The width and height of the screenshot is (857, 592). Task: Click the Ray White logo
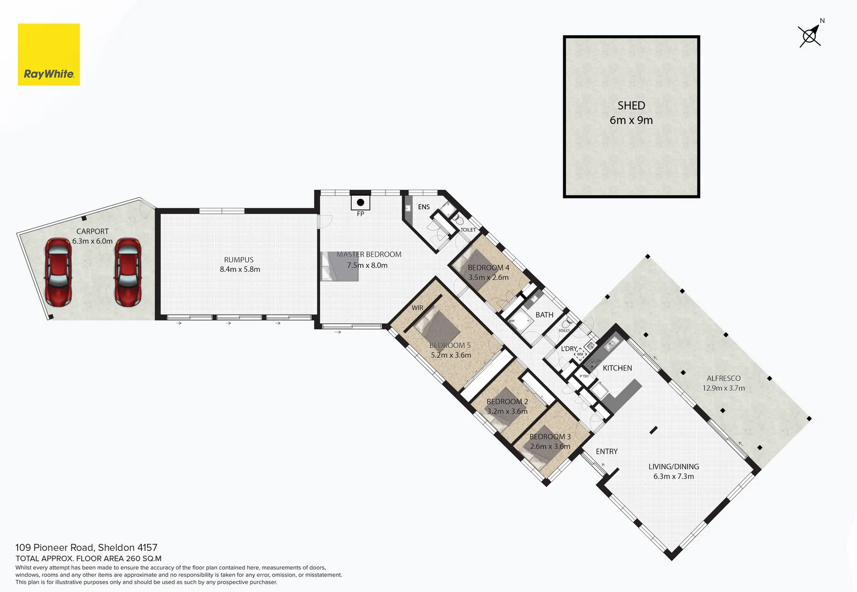pos(49,55)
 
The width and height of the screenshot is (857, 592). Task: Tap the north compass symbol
pos(810,36)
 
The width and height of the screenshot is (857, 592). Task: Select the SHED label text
pos(631,106)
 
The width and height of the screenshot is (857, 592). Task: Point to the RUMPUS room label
pos(239,260)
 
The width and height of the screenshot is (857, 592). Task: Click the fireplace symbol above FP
pos(360,202)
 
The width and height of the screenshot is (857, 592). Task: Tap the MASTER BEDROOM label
pos(369,254)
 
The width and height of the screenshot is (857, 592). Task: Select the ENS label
pos(424,207)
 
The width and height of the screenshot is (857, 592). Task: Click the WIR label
pos(417,308)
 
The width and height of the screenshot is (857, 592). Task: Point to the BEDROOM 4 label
pos(489,267)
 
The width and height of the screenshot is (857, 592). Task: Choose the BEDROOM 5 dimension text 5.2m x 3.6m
pos(451,355)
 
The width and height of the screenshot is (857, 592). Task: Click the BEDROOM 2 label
pos(507,401)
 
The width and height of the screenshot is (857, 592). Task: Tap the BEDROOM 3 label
pos(550,436)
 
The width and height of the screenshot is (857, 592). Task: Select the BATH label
pos(544,315)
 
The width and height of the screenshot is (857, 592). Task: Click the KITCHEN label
pos(617,368)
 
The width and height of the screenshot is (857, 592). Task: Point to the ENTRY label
pos(606,451)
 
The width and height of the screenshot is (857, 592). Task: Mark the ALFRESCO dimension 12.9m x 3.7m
pos(724,388)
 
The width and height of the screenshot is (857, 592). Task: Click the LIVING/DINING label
pos(673,466)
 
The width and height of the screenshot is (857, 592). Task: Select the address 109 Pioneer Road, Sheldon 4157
pos(86,548)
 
